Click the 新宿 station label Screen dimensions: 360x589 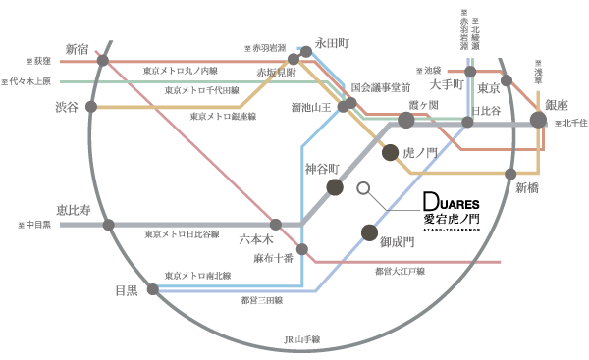click(x=77, y=49)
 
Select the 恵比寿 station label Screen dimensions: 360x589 click(x=74, y=209)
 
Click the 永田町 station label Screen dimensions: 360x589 click(x=332, y=44)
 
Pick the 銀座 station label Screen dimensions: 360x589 click(x=557, y=105)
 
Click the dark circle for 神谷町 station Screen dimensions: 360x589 click(x=335, y=187)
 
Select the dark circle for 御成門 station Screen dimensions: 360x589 click(x=369, y=232)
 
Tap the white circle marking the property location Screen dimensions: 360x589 click(x=363, y=187)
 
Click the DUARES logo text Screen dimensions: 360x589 click(x=451, y=197)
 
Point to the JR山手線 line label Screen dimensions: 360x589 click(x=302, y=340)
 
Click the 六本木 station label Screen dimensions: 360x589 click(x=257, y=238)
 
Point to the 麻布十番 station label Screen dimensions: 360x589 click(x=274, y=258)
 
